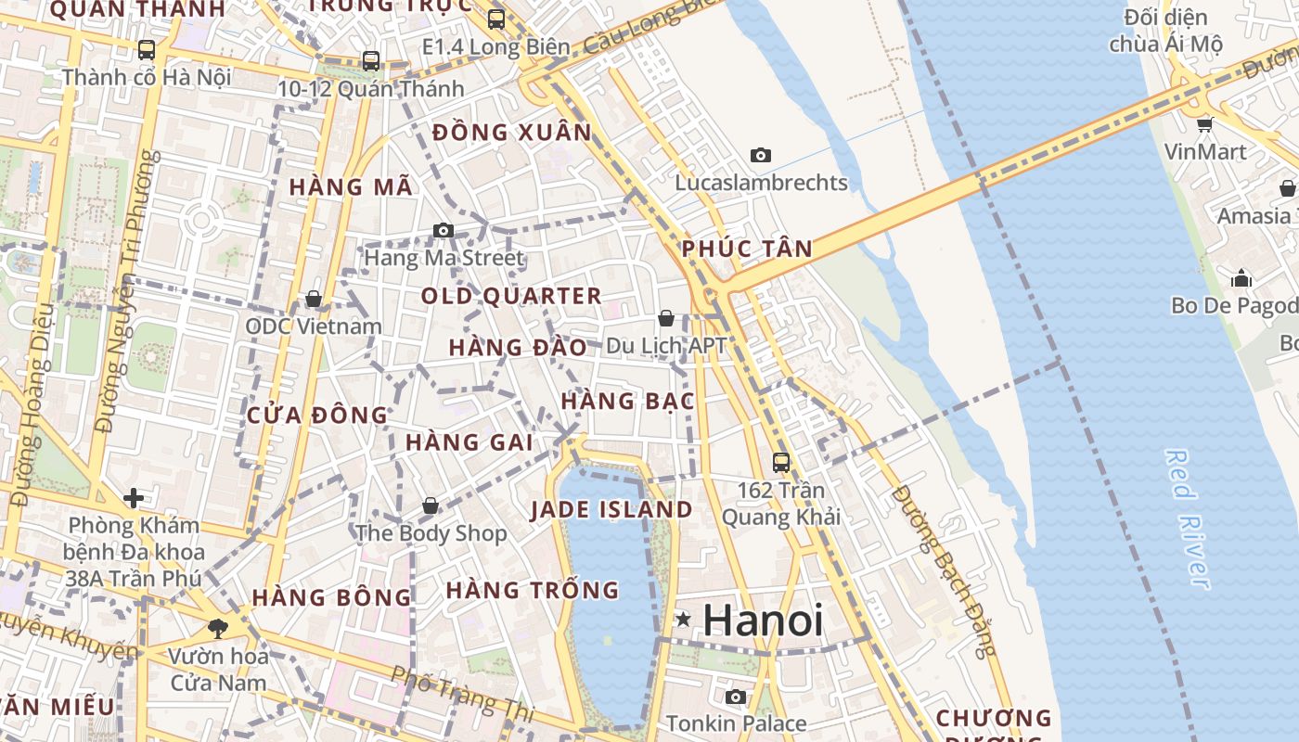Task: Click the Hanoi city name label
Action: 763,620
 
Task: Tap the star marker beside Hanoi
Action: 684,619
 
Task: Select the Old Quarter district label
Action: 511,296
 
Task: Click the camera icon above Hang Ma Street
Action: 444,230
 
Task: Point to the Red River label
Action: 1188,518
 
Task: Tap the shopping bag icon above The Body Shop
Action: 431,505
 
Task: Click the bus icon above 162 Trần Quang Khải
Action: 781,462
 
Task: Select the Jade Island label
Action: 611,509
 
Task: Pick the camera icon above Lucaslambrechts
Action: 761,155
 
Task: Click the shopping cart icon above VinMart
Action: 1204,124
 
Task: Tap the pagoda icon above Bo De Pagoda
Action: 1241,278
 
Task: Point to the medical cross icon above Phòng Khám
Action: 134,498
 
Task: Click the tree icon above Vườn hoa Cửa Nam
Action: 218,629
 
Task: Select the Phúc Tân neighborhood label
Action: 747,249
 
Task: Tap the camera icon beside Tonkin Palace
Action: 736,697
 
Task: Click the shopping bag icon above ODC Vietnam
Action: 314,299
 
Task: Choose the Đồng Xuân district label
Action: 511,132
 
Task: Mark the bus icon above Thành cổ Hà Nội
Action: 147,49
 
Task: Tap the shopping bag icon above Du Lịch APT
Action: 666,318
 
